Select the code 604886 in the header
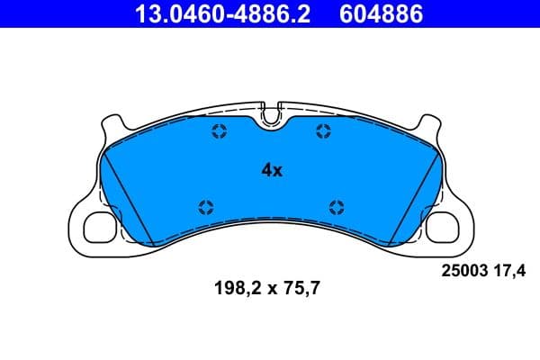pyautogui.click(x=379, y=14)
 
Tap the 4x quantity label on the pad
pyautogui.click(x=272, y=169)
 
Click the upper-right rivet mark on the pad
pyautogui.click(x=323, y=132)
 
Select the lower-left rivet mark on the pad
pyautogui.click(x=205, y=206)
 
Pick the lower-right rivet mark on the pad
pyautogui.click(x=337, y=206)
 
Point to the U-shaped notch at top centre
pyautogui.click(x=271, y=113)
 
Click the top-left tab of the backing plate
pyautogui.click(x=113, y=122)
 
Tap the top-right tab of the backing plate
pyautogui.click(x=427, y=122)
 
